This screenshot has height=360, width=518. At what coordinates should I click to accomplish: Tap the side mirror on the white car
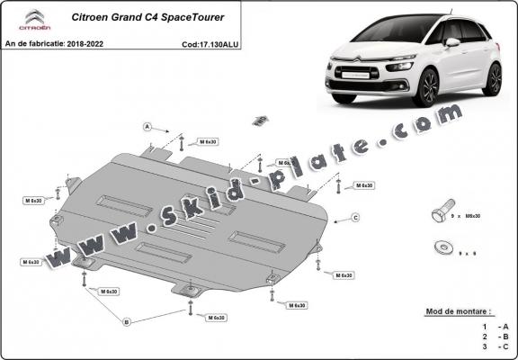[x=452, y=41]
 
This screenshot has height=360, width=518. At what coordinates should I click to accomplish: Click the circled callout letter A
[x=147, y=125]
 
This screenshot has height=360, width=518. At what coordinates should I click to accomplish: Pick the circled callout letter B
[x=127, y=321]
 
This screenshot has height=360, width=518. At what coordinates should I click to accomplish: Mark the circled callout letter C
[x=355, y=218]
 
